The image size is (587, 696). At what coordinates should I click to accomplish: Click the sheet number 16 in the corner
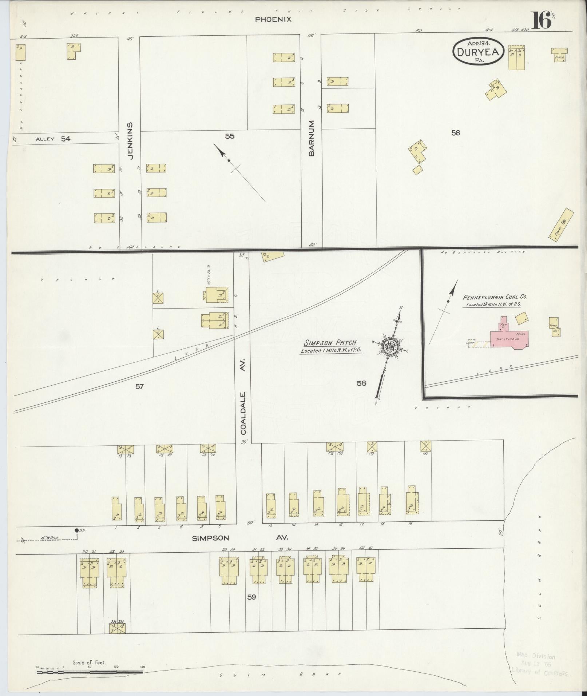tap(542, 21)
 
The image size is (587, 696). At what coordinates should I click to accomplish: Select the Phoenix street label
tap(273, 20)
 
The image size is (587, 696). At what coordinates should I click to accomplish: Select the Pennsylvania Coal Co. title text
tap(495, 297)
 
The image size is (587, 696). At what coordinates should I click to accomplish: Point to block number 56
tap(455, 133)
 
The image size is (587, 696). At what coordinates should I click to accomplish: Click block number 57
tap(139, 386)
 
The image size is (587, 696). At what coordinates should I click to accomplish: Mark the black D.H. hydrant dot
tap(76, 530)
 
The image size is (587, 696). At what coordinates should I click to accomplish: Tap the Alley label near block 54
tap(45, 139)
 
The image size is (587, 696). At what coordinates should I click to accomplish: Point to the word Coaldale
tap(243, 413)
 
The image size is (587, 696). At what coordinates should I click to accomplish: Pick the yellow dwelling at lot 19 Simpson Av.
tap(412, 500)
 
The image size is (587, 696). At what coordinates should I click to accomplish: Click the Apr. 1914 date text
tap(479, 43)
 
